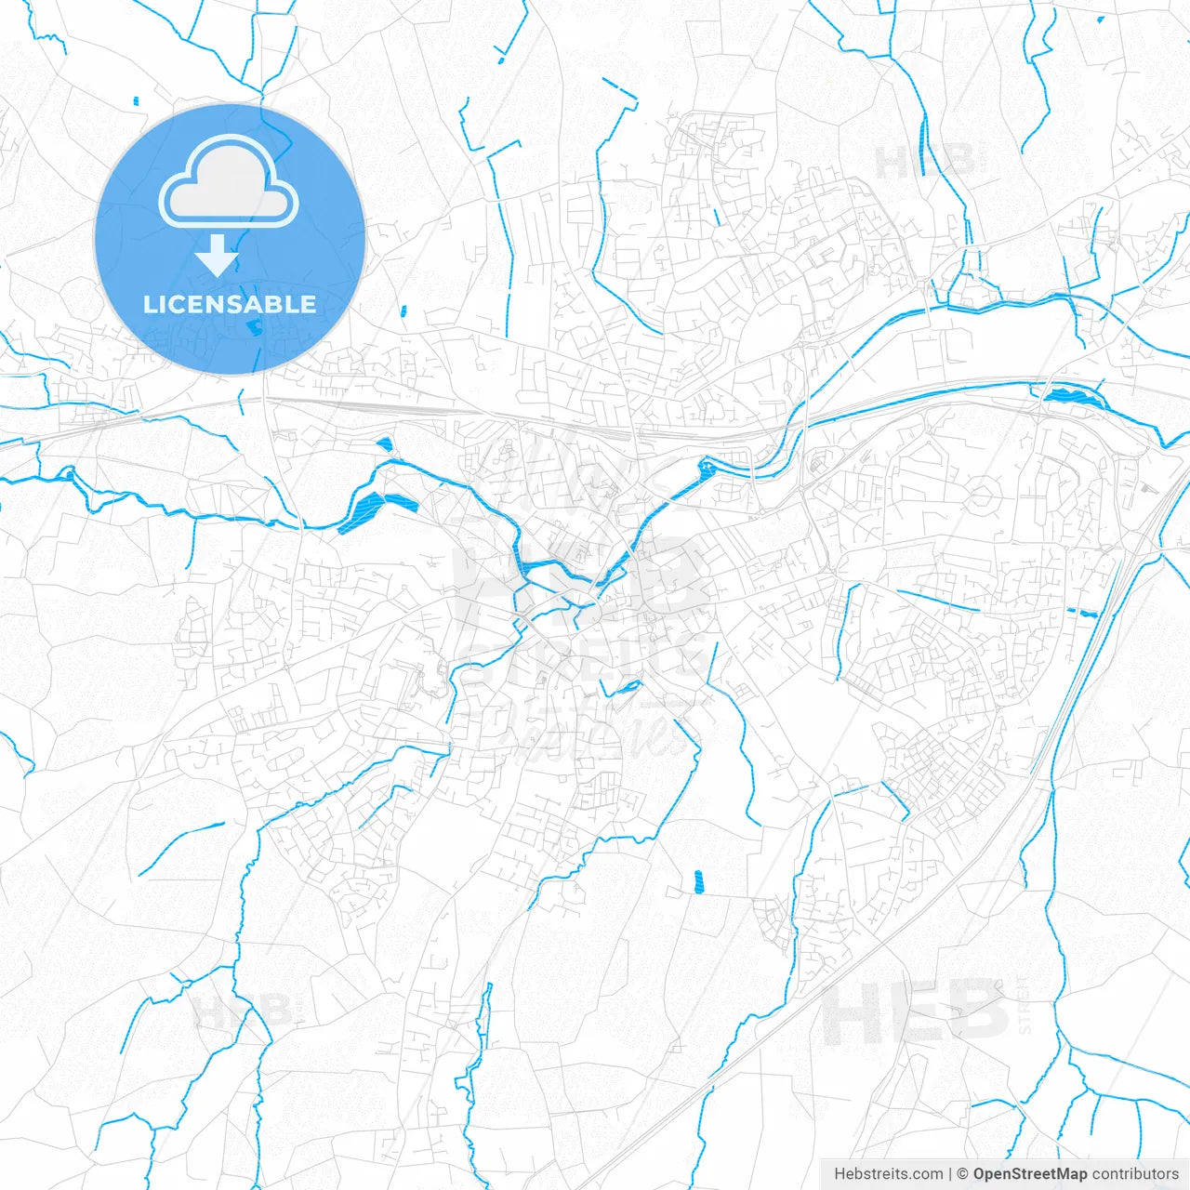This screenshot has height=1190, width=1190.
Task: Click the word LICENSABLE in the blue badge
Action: click(x=230, y=305)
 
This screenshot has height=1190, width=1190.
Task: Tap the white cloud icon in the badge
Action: click(x=229, y=184)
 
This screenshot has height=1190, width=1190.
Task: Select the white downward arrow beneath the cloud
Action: click(x=218, y=257)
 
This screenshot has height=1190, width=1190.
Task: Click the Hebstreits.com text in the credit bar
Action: click(x=889, y=1174)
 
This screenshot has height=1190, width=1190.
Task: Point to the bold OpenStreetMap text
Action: click(x=1030, y=1174)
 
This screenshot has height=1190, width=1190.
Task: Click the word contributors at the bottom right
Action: click(x=1135, y=1174)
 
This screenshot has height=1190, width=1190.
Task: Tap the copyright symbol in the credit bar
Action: click(x=963, y=1174)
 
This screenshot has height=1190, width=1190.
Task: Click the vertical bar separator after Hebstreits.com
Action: click(x=950, y=1174)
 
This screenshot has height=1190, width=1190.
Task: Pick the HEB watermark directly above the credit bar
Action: click(x=916, y=1013)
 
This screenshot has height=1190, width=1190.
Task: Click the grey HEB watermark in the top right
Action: click(x=925, y=162)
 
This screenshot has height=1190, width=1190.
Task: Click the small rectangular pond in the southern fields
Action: click(x=698, y=880)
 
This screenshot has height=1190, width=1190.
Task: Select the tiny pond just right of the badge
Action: click(x=403, y=311)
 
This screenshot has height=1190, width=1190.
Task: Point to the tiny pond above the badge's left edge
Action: click(x=136, y=100)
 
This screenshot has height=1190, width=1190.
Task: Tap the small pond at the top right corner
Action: click(x=1102, y=19)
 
